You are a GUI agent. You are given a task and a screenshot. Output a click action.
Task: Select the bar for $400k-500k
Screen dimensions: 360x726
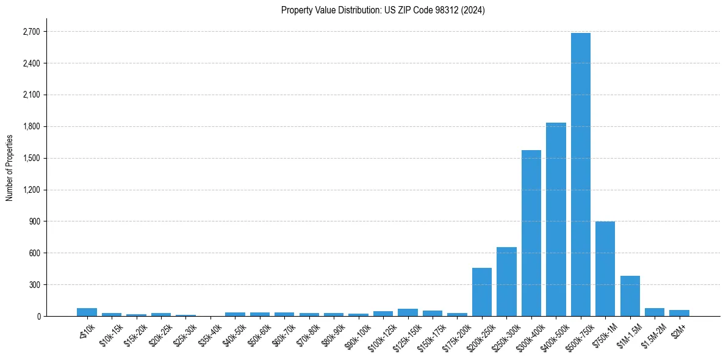pyautogui.click(x=556, y=220)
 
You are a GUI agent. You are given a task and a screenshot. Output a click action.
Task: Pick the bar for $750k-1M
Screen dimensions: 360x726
pyautogui.click(x=605, y=268)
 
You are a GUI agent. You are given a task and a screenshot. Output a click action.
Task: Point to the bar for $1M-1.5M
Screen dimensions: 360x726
pyautogui.click(x=630, y=296)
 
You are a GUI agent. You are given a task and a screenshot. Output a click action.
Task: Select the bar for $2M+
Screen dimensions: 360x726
pyautogui.click(x=679, y=313)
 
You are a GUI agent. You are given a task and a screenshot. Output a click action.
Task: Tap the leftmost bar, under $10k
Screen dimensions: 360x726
pyautogui.click(x=87, y=312)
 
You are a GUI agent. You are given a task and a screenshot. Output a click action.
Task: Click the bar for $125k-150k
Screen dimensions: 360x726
pyautogui.click(x=408, y=312)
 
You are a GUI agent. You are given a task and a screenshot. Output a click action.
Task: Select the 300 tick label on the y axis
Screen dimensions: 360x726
pyautogui.click(x=35, y=285)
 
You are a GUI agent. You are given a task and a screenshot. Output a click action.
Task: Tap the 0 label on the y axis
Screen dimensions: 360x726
pyautogui.click(x=38, y=316)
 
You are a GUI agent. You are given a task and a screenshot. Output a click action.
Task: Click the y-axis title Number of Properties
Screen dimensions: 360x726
pyautogui.click(x=9, y=167)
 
